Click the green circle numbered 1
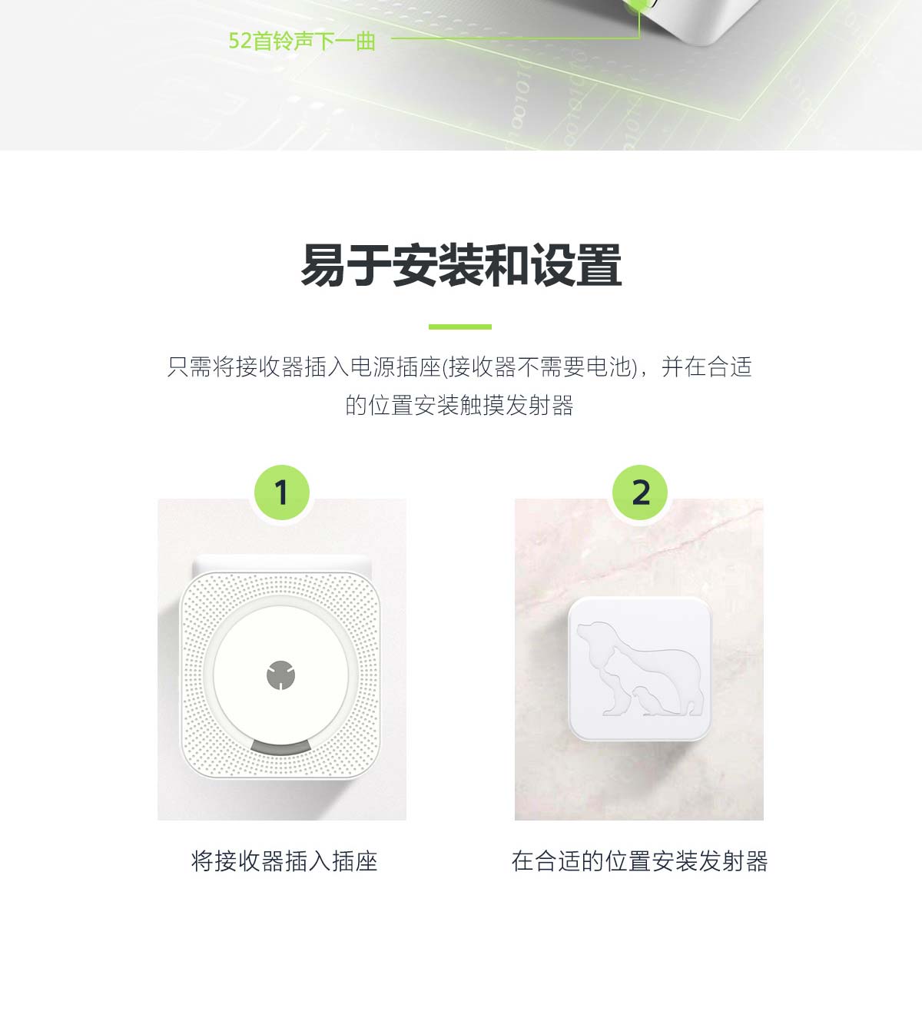point(282,492)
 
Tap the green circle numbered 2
point(640,492)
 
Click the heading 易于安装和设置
point(461,265)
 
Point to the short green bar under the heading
point(460,327)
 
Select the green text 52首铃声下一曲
point(302,41)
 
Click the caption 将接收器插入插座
point(284,862)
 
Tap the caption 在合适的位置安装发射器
point(640,862)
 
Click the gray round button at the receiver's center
point(280,675)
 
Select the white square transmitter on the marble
point(640,669)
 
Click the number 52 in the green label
point(240,41)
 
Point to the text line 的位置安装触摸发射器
point(459,406)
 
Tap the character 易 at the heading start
point(323,265)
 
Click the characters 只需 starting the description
point(189,367)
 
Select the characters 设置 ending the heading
point(576,265)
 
